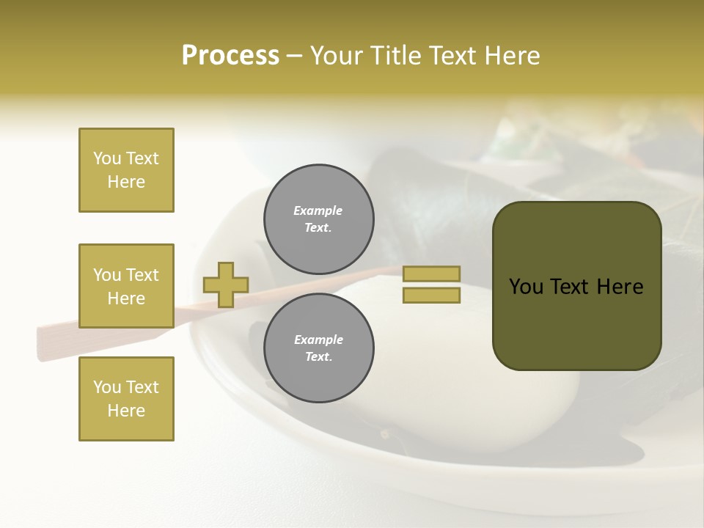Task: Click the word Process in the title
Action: click(230, 56)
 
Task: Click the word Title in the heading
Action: click(394, 56)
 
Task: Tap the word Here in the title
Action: click(510, 56)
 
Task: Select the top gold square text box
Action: click(126, 170)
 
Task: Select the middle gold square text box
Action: click(126, 286)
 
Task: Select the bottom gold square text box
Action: click(126, 399)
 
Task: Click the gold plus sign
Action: click(226, 285)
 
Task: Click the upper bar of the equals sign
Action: click(431, 274)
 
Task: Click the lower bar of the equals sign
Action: click(431, 296)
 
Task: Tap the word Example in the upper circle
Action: click(318, 210)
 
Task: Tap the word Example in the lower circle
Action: click(318, 340)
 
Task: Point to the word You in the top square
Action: click(106, 158)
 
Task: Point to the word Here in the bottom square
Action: click(126, 411)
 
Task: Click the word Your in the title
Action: click(335, 56)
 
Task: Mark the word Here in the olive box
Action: click(620, 287)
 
